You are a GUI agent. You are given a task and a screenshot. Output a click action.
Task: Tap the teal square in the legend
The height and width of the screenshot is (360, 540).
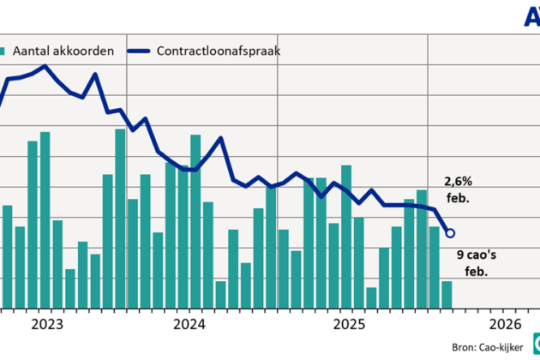[x=4, y=51]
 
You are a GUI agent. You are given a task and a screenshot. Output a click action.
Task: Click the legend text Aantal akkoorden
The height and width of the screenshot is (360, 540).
[x=63, y=51]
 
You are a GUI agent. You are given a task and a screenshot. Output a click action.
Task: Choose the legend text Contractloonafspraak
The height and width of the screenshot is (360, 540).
[x=219, y=51]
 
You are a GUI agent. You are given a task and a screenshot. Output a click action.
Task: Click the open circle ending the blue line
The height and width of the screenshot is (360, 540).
[x=451, y=232]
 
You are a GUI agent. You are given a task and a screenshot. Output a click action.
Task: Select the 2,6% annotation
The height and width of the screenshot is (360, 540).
[x=457, y=182]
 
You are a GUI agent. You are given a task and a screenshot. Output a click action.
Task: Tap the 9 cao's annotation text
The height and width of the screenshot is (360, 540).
[x=475, y=255]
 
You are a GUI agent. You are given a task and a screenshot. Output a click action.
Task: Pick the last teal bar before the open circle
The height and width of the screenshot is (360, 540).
[x=447, y=294]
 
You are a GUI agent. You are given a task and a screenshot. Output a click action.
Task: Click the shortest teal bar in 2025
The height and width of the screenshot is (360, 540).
[x=371, y=297]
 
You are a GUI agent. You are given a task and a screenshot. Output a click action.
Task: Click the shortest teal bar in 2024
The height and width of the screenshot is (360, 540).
[x=220, y=294]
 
